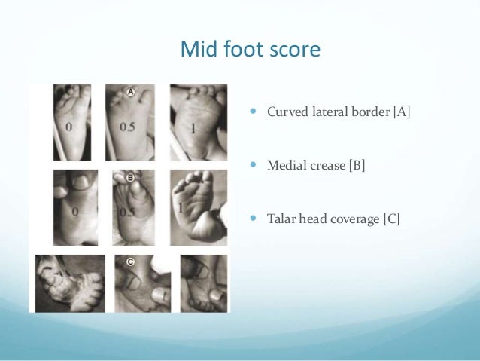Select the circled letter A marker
coord(129,92)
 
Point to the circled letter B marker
coord(129,179)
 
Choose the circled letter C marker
coord(131,263)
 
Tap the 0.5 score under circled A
coord(127,127)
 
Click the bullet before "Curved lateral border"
coord(253,113)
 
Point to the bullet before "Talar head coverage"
coord(253,219)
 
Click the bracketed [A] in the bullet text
coord(402,114)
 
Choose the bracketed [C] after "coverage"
coord(390,219)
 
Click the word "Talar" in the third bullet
coord(282,219)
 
